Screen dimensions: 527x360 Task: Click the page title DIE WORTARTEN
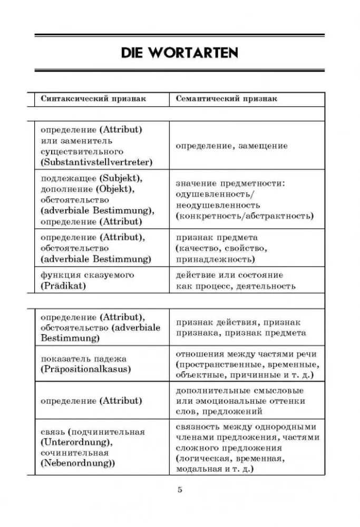[x=180, y=52]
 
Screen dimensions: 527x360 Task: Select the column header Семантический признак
[x=226, y=99]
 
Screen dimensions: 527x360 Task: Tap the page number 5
[x=180, y=490]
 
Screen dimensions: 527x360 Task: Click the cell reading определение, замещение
[x=231, y=145]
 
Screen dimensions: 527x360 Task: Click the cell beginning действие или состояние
[x=236, y=280]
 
